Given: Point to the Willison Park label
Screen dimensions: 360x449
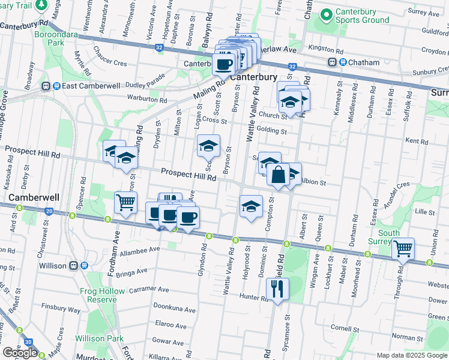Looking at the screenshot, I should (98, 338).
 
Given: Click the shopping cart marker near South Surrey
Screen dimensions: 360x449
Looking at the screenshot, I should (403, 248).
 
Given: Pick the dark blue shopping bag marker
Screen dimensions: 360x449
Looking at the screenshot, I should (279, 176).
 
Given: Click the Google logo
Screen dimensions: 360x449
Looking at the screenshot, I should (20, 353).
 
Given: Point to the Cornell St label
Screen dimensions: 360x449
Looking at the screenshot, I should (344, 328).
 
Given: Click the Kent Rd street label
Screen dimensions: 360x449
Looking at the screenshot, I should (416, 142).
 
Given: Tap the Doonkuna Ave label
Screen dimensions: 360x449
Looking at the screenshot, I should (175, 310).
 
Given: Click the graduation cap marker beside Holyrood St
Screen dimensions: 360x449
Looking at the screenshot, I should (251, 207).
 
